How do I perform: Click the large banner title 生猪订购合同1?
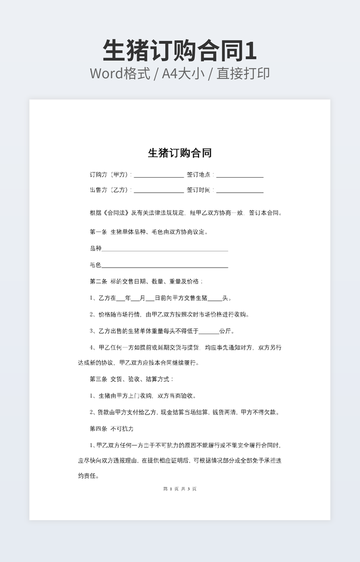click(x=179, y=51)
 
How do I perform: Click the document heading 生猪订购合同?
click(x=179, y=153)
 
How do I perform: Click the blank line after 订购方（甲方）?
click(x=158, y=175)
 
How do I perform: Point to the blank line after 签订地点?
click(x=240, y=175)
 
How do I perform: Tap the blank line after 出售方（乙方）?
click(x=158, y=191)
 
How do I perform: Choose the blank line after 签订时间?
click(x=240, y=191)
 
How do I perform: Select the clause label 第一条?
click(x=98, y=232)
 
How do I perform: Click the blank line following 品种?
click(x=165, y=249)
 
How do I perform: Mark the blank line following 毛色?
click(x=165, y=266)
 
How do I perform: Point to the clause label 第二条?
click(x=98, y=282)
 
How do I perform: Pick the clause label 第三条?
click(x=98, y=379)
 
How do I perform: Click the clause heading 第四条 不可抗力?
click(x=111, y=428)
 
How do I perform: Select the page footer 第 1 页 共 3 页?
click(x=179, y=489)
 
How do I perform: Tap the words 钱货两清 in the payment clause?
click(x=224, y=412)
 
